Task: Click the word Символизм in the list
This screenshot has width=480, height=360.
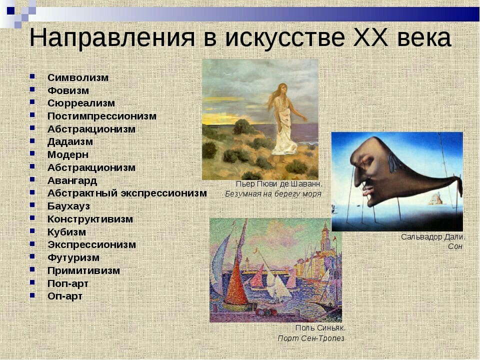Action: click(78, 78)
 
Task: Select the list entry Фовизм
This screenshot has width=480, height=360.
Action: click(68, 90)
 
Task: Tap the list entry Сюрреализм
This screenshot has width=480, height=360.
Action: click(81, 103)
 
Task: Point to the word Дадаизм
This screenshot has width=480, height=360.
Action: click(70, 141)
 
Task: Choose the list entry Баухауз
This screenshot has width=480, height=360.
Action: click(68, 206)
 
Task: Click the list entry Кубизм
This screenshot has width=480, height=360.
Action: click(66, 232)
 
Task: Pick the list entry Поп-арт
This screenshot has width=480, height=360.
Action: click(67, 284)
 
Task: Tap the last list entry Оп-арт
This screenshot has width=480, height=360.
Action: click(65, 296)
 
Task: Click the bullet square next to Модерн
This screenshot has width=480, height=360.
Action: click(32, 153)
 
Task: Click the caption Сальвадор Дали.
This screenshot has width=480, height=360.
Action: click(433, 237)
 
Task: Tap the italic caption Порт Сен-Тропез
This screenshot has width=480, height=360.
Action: click(311, 338)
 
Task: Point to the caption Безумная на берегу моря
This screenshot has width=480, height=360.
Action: click(273, 194)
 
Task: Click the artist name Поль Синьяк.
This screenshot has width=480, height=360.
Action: click(320, 328)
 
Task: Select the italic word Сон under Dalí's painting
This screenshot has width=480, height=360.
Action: click(455, 246)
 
